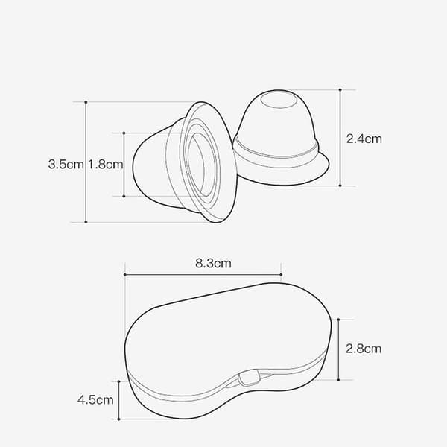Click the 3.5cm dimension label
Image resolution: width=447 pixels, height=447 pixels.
[66, 165]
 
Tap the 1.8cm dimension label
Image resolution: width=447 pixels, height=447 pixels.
[106, 165]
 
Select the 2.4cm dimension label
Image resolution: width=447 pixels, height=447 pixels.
[364, 139]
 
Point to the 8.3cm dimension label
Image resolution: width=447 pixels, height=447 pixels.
[213, 263]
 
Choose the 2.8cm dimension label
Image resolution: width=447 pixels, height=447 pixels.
[364, 349]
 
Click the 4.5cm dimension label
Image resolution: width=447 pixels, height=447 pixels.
[95, 399]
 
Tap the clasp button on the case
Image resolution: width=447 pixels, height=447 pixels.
[250, 378]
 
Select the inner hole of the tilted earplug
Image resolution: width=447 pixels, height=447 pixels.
[197, 165]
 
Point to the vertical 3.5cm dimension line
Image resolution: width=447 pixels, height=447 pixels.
[86, 162]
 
